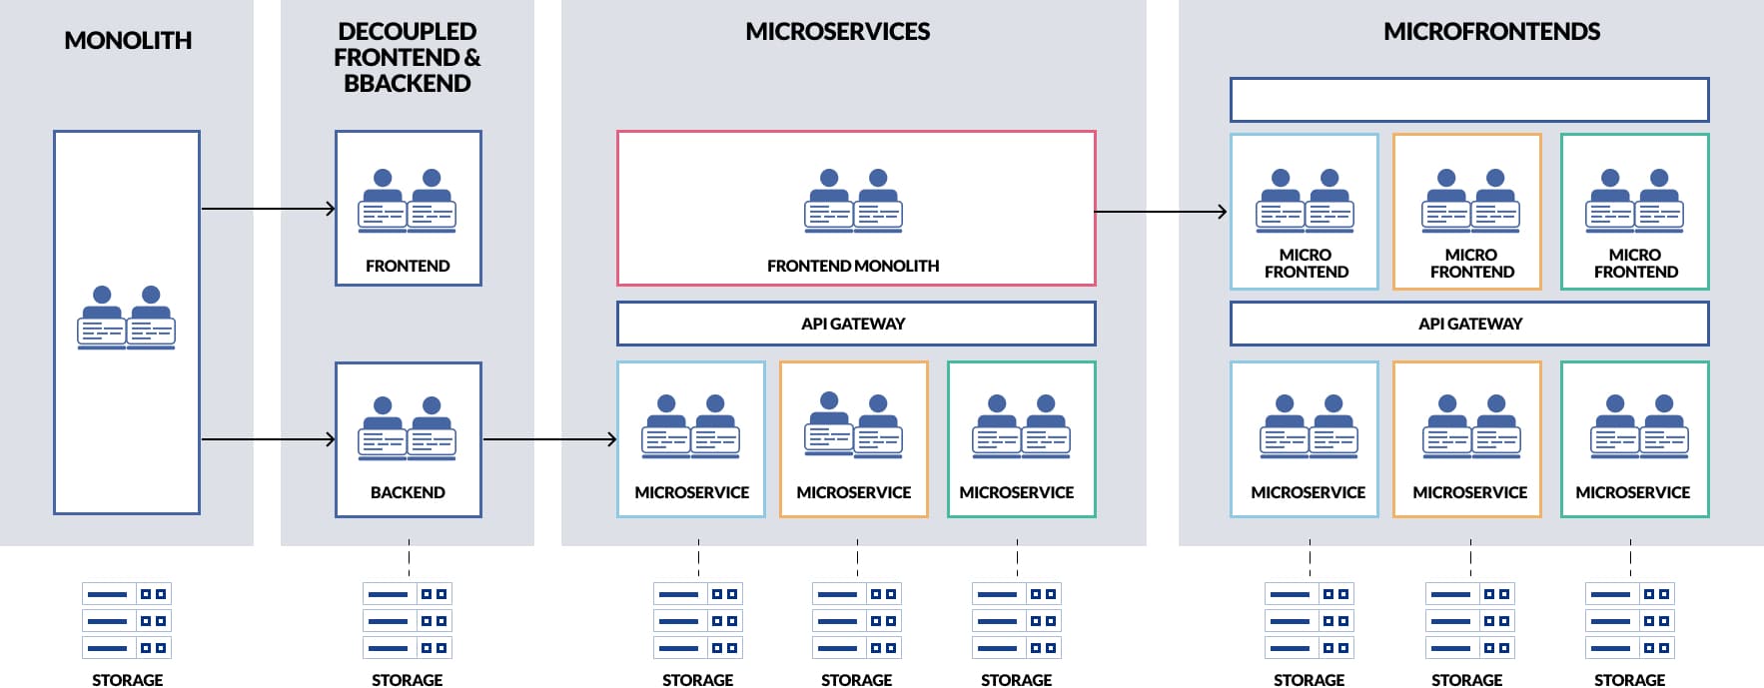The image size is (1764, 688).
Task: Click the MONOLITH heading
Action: tap(128, 41)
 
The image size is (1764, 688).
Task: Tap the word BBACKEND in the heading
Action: tap(407, 84)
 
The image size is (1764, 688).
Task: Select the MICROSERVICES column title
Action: tap(837, 32)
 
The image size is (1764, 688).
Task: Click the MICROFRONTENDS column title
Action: tap(1491, 32)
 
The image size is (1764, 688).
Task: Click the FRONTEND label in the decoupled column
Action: tap(408, 266)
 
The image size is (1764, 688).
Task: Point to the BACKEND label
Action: tap(408, 492)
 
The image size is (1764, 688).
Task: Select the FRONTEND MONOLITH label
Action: tap(853, 266)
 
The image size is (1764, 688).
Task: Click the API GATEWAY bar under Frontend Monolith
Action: tap(855, 324)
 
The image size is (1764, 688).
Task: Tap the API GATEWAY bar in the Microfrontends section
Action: tap(1469, 324)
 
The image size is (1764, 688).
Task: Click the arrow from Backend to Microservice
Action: tap(549, 439)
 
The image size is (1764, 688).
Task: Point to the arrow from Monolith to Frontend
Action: tap(268, 209)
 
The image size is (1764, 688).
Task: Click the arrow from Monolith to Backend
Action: tap(268, 439)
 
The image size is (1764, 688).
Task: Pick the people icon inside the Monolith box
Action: tap(127, 318)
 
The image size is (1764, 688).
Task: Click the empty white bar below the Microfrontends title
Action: tap(1469, 100)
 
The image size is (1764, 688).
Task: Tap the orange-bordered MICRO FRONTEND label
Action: tap(1471, 263)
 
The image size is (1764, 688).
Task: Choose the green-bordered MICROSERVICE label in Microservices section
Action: tap(1016, 492)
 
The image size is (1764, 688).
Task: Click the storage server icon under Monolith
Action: tap(127, 620)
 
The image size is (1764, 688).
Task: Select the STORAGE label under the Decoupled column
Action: tap(407, 680)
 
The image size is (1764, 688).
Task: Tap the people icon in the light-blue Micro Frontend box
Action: tap(1305, 201)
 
